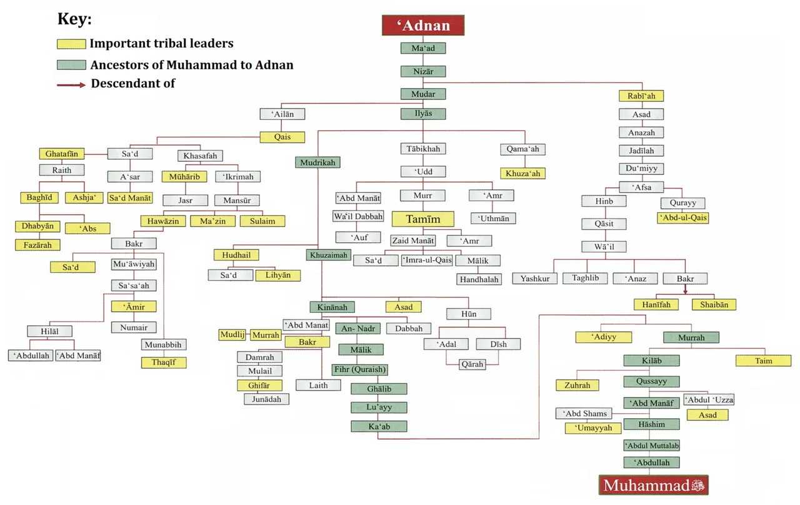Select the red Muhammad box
tap(654, 485)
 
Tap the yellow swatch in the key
tap(71, 44)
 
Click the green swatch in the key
tap(71, 64)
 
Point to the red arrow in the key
tap(71, 84)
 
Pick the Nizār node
tap(423, 71)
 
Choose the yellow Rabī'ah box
tap(641, 96)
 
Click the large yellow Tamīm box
tap(423, 219)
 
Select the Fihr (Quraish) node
tap(360, 369)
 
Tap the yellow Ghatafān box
tap(62, 154)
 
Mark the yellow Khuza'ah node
tap(522, 174)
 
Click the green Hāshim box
tap(651, 424)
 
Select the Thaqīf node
tap(163, 363)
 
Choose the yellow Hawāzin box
tap(162, 221)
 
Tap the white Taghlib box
tap(585, 278)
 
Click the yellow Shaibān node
tap(714, 305)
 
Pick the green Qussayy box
tap(651, 381)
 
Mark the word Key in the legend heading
tap(74, 19)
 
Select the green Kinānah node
tap(332, 307)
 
